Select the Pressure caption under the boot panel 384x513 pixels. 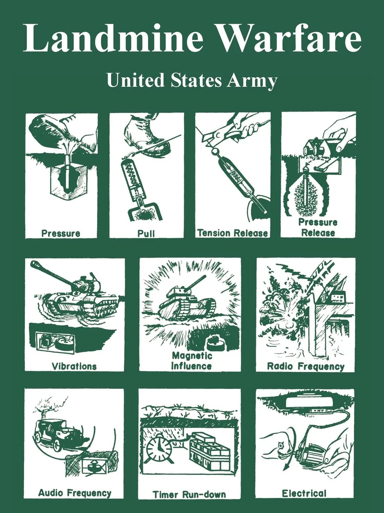click(61, 233)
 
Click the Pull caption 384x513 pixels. click(146, 233)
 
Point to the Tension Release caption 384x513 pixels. click(232, 233)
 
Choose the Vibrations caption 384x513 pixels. click(74, 366)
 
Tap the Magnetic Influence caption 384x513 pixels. click(192, 361)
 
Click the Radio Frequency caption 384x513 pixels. click(306, 366)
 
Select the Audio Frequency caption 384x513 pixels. click(75, 493)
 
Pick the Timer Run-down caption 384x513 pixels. click(189, 494)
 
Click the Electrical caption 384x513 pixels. click(304, 493)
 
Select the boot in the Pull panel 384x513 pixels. click(146, 135)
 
